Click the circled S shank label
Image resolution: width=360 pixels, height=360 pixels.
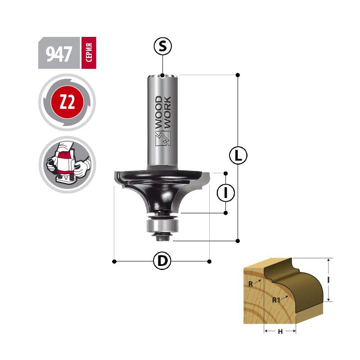[x=162, y=46]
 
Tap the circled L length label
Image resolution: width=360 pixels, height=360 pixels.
[x=238, y=155]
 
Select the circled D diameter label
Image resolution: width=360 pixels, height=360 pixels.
[x=162, y=261]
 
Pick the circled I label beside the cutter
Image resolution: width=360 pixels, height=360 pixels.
[x=226, y=193]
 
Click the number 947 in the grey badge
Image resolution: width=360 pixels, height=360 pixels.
[x=59, y=54]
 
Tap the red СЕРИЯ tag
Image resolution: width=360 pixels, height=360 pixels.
[x=89, y=53]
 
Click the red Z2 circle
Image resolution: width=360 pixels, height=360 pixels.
[x=67, y=102]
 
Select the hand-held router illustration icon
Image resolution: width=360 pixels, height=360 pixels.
[x=67, y=164]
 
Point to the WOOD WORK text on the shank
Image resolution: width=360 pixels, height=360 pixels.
[x=162, y=112]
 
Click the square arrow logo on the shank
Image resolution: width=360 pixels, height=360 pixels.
[x=163, y=139]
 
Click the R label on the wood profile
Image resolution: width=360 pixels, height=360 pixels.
[x=251, y=284]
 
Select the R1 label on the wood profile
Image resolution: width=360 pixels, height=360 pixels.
[x=276, y=300]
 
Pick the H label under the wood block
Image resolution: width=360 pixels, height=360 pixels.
[x=280, y=332]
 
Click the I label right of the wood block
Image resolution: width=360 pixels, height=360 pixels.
[x=328, y=280]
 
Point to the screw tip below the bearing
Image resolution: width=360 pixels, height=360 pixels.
[x=162, y=239]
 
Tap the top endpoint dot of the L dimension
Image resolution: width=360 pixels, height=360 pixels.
[x=238, y=75]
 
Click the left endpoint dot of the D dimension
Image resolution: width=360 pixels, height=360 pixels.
[x=114, y=261]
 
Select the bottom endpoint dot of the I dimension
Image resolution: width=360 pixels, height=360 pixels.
[x=226, y=213]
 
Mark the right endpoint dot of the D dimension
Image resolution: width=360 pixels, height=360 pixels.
[x=209, y=261]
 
